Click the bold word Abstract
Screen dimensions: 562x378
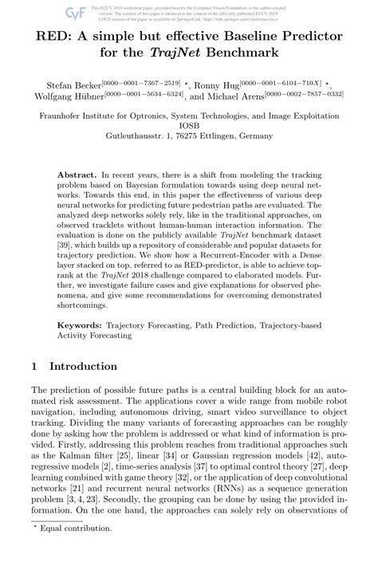(x=80, y=174)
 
